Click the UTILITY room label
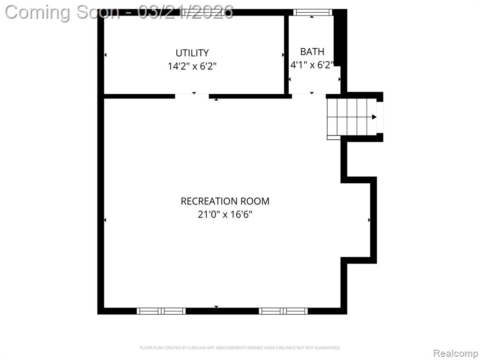click(192, 53)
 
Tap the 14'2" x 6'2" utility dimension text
click(192, 66)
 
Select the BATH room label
click(312, 52)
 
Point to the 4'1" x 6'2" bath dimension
click(312, 65)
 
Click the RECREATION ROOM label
click(225, 201)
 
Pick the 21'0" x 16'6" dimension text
click(225, 214)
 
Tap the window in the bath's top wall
click(313, 12)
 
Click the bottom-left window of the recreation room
click(161, 311)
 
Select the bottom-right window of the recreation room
click(283, 311)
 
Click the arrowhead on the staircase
click(374, 117)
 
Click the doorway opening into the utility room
click(192, 96)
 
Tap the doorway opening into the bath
click(309, 96)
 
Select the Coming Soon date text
click(120, 12)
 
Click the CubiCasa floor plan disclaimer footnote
click(240, 348)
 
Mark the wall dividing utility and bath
click(286, 54)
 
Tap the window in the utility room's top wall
click(203, 12)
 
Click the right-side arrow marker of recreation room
click(369, 220)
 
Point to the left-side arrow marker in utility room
click(105, 55)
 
